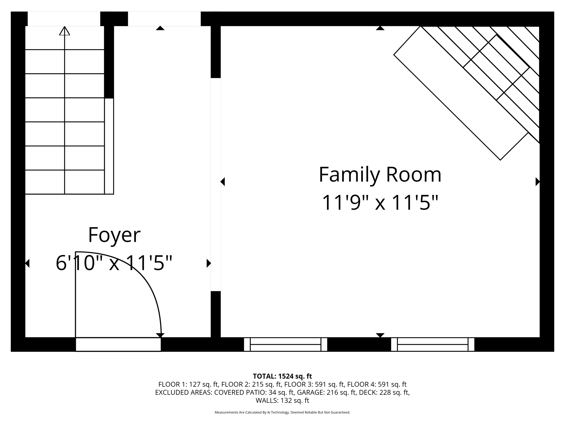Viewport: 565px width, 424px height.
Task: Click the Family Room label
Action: click(380, 175)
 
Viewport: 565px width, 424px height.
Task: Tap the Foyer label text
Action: click(114, 235)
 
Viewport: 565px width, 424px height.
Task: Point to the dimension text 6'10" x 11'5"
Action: click(114, 263)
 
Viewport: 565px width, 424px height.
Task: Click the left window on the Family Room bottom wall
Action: click(286, 344)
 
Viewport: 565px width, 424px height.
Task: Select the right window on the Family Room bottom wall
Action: click(433, 344)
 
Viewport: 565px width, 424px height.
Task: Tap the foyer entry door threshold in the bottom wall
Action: click(118, 344)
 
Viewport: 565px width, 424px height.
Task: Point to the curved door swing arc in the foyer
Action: click(143, 279)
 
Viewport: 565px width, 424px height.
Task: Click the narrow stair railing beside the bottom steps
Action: click(109, 146)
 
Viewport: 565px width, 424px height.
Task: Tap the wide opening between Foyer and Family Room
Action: click(216, 184)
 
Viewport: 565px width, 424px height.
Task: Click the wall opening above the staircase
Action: click(64, 19)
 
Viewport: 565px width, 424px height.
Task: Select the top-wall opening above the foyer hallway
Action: click(164, 19)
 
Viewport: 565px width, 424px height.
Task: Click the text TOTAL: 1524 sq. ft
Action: click(282, 376)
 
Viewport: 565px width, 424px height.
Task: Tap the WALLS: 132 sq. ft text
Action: click(282, 400)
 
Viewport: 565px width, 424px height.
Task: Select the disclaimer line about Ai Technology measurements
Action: click(282, 412)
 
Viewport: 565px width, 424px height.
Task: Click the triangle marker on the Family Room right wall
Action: click(537, 182)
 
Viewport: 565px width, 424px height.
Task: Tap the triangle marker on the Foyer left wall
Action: click(27, 263)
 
